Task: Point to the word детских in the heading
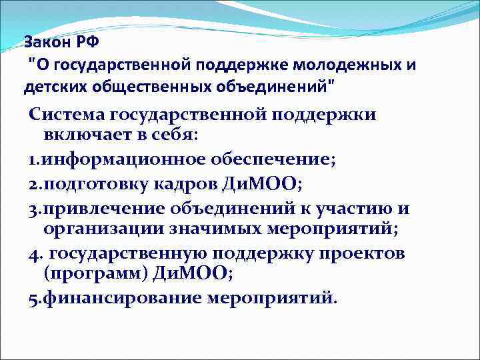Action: click(x=52, y=87)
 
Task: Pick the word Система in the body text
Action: click(x=69, y=114)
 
